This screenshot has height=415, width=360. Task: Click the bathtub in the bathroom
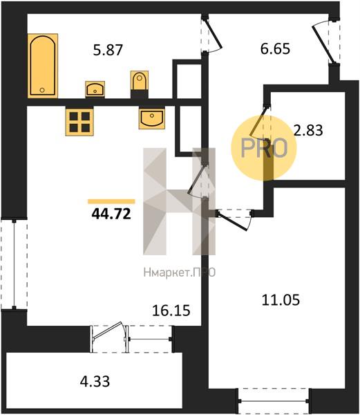coord(43,66)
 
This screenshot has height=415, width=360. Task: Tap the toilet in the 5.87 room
coord(140,81)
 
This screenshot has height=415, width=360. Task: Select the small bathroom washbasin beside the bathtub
coord(95,89)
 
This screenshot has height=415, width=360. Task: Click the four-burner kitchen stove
coord(79,122)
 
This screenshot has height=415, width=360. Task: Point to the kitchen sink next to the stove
coord(152,118)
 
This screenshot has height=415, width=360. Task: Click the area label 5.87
coord(108,50)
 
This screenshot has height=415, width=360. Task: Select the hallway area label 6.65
coord(275,49)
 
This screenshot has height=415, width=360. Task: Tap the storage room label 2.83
coord(308,130)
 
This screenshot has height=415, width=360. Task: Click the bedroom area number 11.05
coord(281,300)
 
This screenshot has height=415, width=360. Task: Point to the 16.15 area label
coord(171,310)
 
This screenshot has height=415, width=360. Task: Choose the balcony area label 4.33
coord(95,382)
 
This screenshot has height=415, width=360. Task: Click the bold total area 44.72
coord(111,214)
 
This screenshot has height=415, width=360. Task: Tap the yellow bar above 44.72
coord(111,202)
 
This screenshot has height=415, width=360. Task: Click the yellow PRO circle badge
coord(264,148)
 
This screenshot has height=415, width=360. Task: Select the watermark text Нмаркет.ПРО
coord(180,273)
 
